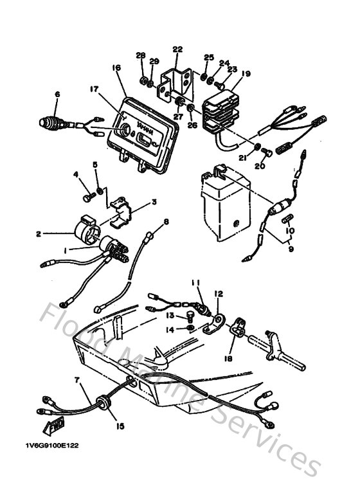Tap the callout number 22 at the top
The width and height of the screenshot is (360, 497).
click(177, 49)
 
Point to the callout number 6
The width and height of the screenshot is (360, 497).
click(57, 94)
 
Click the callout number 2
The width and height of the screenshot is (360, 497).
click(38, 234)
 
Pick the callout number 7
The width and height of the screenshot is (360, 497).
click(77, 381)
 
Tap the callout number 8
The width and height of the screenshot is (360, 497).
click(166, 222)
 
